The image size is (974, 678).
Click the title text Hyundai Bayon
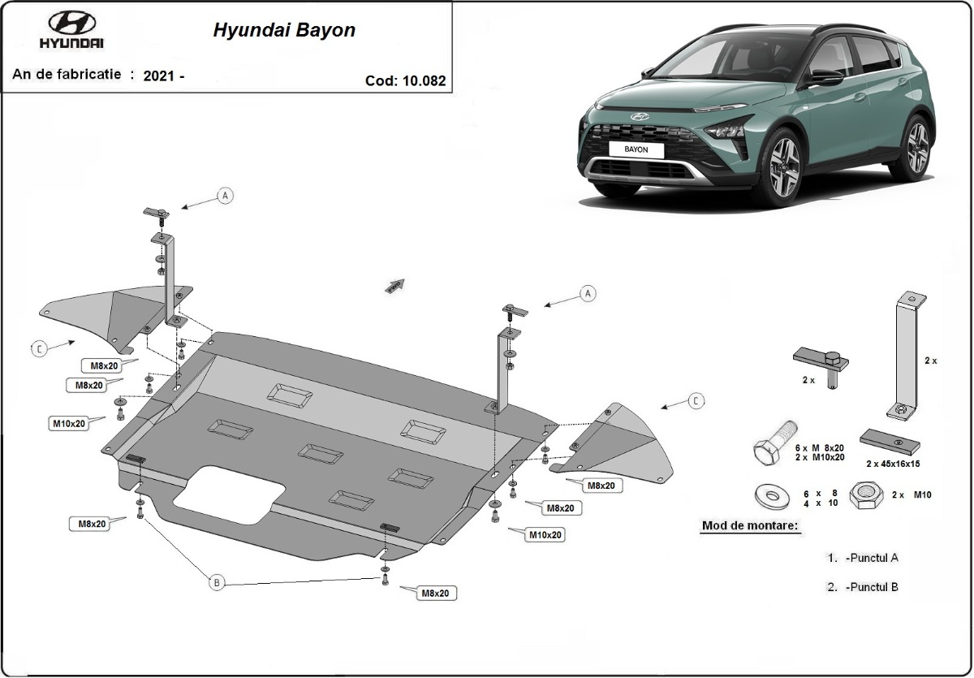coord(284,31)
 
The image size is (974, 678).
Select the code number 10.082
coord(424,80)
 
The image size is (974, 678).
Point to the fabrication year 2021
coord(160,76)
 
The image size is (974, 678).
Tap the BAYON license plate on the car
coord(636,150)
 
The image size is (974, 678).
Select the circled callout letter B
coord(216,582)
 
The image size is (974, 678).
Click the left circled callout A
coord(225,195)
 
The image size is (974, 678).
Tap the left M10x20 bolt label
coord(69,423)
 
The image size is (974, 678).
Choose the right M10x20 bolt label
coord(545,534)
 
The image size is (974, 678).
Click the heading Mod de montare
coord(749,526)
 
